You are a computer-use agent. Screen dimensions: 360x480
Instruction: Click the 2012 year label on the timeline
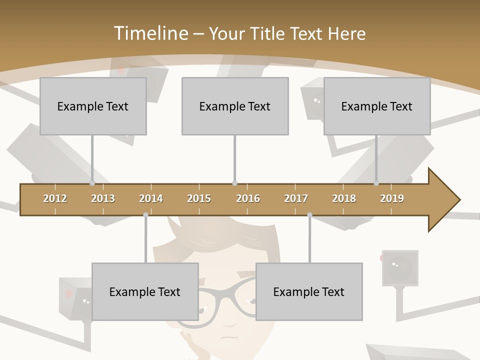pyautogui.click(x=55, y=198)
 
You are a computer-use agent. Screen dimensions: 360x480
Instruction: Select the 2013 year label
pyautogui.click(x=103, y=198)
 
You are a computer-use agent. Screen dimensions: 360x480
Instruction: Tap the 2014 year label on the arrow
pyautogui.click(x=151, y=198)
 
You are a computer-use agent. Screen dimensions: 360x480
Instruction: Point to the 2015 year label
pyautogui.click(x=199, y=198)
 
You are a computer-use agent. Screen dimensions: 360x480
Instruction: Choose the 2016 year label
pyautogui.click(x=248, y=198)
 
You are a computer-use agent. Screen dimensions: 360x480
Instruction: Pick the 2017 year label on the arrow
pyautogui.click(x=296, y=198)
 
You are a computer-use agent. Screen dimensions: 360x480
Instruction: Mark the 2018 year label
pyautogui.click(x=344, y=198)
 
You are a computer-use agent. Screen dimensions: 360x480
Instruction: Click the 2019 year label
pyautogui.click(x=392, y=198)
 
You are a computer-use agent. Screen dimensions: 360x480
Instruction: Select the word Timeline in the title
pyautogui.click(x=150, y=33)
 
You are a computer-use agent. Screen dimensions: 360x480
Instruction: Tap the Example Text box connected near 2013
pyautogui.click(x=93, y=106)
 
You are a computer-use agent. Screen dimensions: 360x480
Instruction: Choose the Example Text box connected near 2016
pyautogui.click(x=235, y=106)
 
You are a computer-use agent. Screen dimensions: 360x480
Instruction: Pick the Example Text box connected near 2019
pyautogui.click(x=377, y=106)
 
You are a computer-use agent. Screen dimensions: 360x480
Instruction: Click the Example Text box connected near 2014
pyautogui.click(x=145, y=291)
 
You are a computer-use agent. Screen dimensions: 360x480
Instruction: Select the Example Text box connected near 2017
pyautogui.click(x=309, y=291)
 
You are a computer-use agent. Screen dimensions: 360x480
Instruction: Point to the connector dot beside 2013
pyautogui.click(x=92, y=183)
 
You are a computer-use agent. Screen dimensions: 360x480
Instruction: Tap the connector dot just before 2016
pyautogui.click(x=234, y=183)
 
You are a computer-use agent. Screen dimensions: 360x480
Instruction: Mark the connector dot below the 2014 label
pyautogui.click(x=145, y=215)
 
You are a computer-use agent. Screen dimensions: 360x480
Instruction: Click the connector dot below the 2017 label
pyautogui.click(x=309, y=215)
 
